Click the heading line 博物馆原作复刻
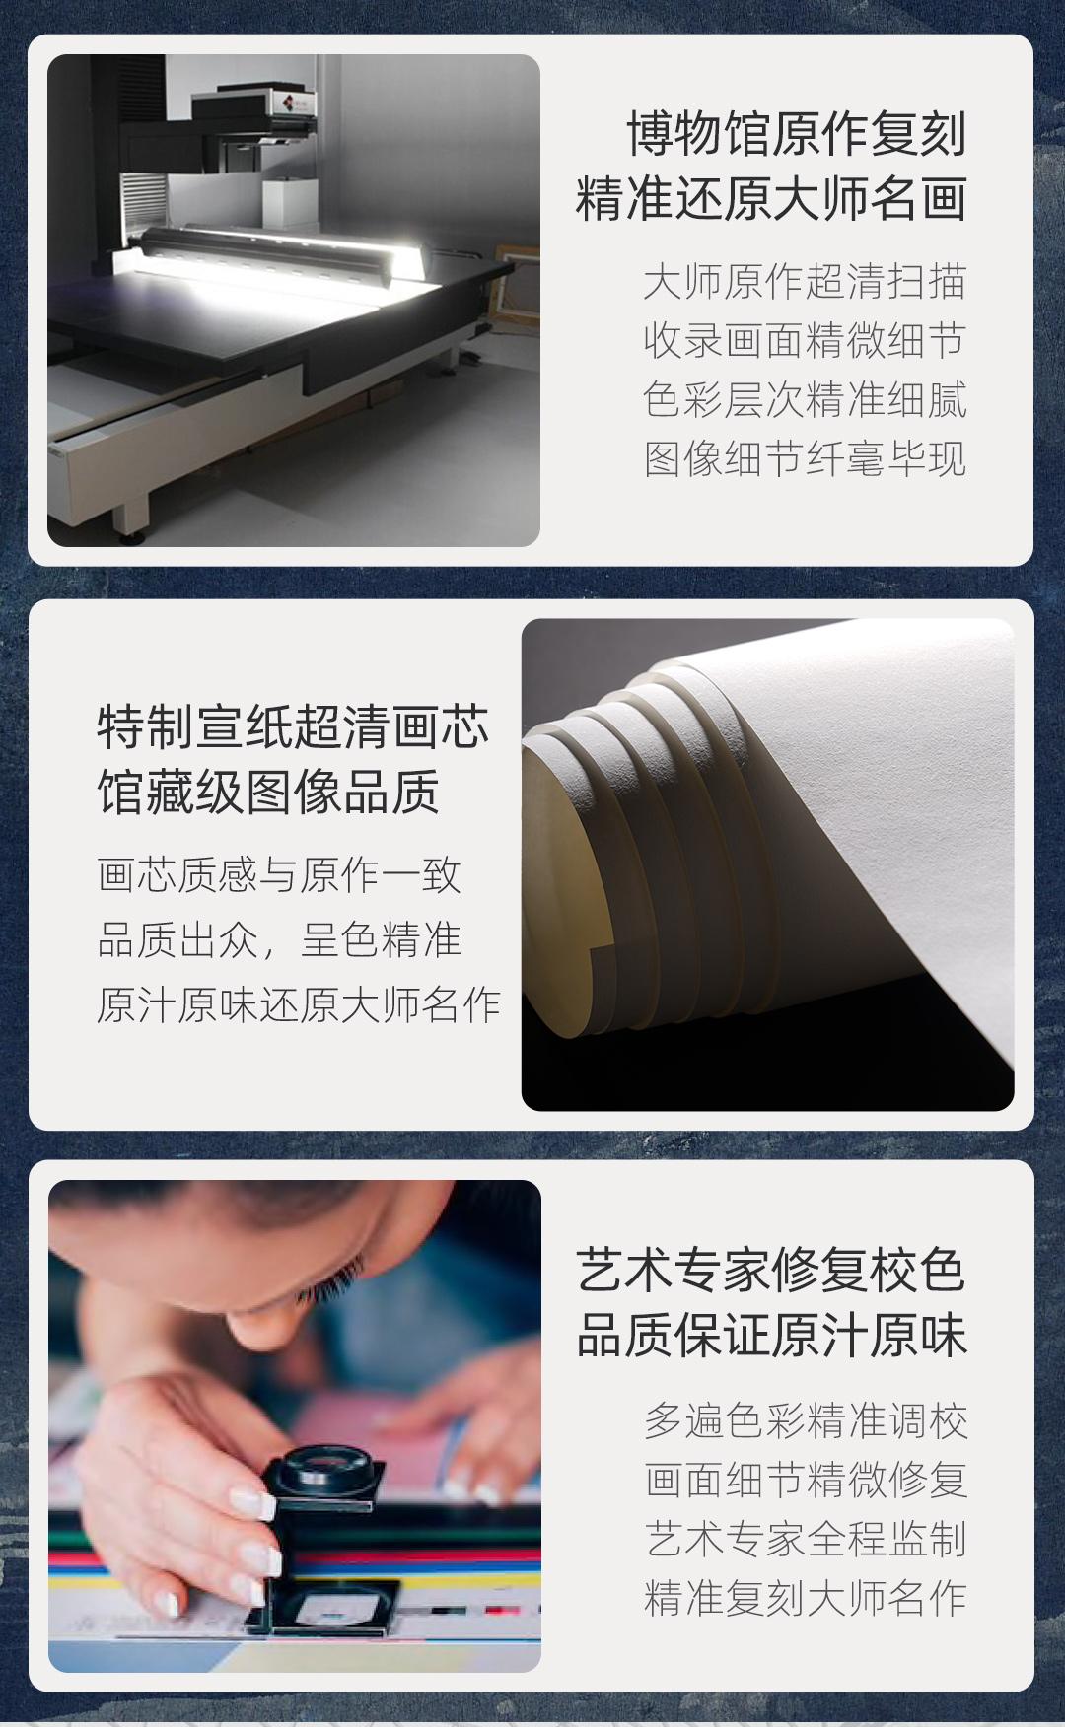tap(797, 134)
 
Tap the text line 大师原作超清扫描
tap(805, 282)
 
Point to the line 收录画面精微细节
tap(805, 341)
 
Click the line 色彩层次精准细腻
tap(805, 400)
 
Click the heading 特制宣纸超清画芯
tap(293, 727)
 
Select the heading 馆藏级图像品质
tap(268, 793)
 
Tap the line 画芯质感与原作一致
tap(279, 875)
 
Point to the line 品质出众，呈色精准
tap(279, 939)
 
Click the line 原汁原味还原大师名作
tap(299, 1004)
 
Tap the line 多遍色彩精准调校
tap(806, 1420)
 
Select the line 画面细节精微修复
tap(806, 1480)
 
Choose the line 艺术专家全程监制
tap(806, 1539)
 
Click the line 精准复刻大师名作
tap(806, 1598)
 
